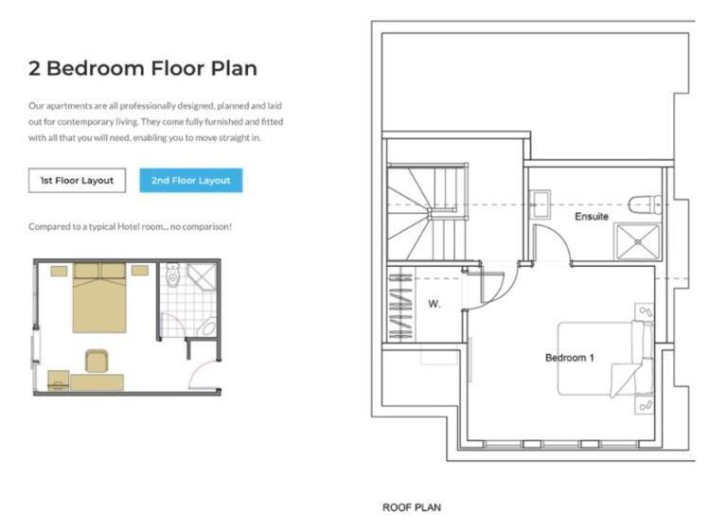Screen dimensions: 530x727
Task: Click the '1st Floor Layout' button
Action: tap(77, 180)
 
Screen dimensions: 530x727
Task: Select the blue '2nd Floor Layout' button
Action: tap(190, 180)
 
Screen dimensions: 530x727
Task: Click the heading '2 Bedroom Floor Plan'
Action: tap(143, 68)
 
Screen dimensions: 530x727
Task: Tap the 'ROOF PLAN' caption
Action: tap(411, 507)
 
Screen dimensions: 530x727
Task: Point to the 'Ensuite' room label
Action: tap(591, 217)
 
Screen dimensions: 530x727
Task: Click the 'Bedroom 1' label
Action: tap(569, 358)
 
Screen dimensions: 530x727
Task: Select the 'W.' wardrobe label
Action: tap(434, 304)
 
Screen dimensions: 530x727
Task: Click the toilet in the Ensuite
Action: tap(646, 202)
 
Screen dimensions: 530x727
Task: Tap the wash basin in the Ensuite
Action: tap(541, 203)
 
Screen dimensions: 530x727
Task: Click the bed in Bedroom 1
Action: tap(602, 358)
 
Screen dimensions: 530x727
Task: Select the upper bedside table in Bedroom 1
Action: tap(645, 311)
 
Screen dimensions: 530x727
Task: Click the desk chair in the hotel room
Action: tap(97, 362)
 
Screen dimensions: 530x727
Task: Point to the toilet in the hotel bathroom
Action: tap(172, 276)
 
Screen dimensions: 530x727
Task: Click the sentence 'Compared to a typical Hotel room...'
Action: tap(130, 226)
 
